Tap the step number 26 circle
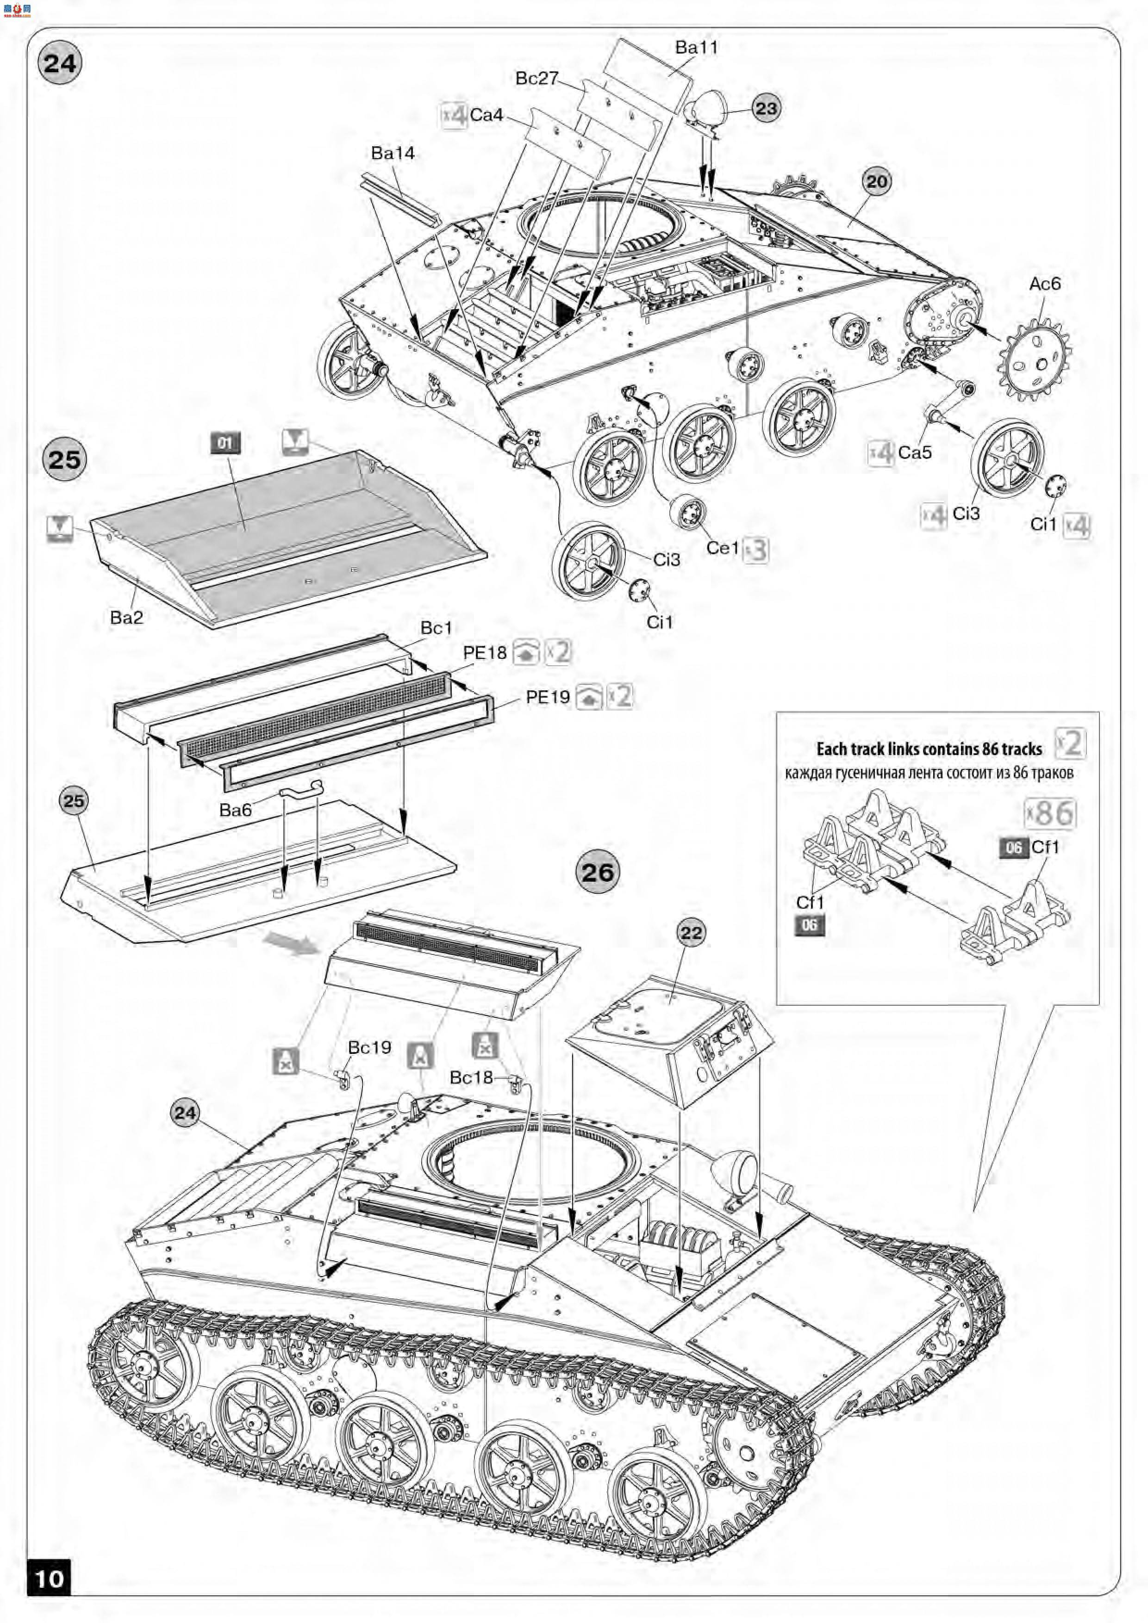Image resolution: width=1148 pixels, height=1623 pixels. [x=598, y=872]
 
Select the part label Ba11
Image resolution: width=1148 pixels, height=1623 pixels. [x=696, y=47]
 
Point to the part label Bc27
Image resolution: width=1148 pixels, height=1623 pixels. [x=537, y=79]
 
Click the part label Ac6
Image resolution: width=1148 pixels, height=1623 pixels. [x=1045, y=284]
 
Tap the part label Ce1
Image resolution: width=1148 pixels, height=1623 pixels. [x=722, y=548]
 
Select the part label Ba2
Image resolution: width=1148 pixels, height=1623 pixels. [x=127, y=617]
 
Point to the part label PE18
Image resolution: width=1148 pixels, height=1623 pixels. [x=485, y=652]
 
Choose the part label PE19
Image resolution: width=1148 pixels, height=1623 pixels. [x=548, y=697]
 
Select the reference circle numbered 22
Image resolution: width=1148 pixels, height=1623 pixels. [x=691, y=933]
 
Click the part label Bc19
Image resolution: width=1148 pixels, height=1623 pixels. [x=369, y=1047]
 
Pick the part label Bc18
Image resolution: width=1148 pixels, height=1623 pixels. [x=471, y=1077]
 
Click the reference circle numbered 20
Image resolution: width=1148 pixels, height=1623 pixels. [x=876, y=182]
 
